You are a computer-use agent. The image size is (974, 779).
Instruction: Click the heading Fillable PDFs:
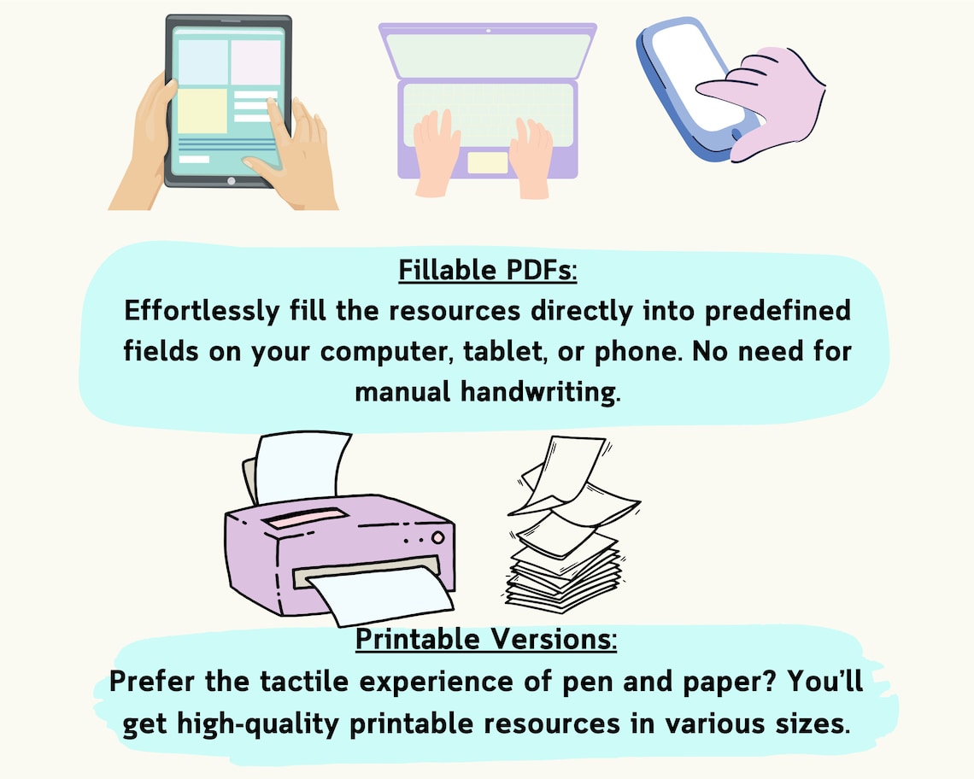pyautogui.click(x=488, y=271)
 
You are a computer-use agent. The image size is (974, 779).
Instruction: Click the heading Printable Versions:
pyautogui.click(x=486, y=639)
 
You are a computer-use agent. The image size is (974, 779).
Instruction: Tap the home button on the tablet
pyautogui.click(x=230, y=181)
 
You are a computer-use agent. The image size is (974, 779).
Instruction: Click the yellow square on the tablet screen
pyautogui.click(x=202, y=111)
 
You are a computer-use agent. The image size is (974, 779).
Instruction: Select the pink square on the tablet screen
pyautogui.click(x=255, y=62)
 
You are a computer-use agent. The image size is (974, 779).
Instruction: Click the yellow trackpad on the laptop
pyautogui.click(x=488, y=162)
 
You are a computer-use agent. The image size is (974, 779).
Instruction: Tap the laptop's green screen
pyautogui.click(x=488, y=54)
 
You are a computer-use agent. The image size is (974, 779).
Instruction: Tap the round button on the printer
pyautogui.click(x=437, y=538)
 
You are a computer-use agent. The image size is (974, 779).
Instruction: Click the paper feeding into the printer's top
pyautogui.click(x=299, y=467)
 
